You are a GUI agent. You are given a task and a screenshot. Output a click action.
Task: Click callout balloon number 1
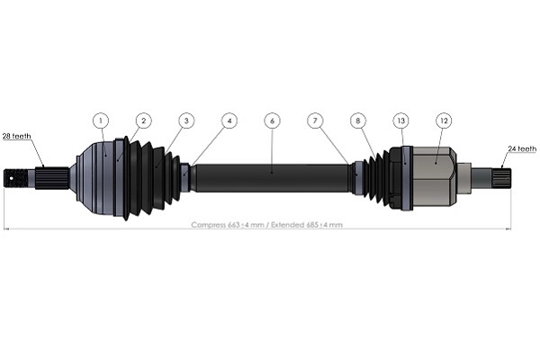coord(101,120)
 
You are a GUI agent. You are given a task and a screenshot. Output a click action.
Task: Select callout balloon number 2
coord(143,120)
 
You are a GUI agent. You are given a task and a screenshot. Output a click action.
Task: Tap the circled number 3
coord(185,120)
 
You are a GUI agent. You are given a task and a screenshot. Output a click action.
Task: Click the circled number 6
coord(272,120)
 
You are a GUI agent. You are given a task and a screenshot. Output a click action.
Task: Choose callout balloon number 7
coord(314,120)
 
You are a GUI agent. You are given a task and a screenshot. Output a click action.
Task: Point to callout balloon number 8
coord(357,120)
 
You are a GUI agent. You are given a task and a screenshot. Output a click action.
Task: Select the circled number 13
coord(400,120)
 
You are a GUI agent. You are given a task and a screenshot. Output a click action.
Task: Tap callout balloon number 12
coord(443,120)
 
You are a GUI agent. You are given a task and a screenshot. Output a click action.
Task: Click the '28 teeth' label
coord(16,136)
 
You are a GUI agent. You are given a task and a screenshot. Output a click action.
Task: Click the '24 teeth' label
coord(522,148)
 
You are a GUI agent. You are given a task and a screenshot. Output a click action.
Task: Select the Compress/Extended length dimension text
coord(266,224)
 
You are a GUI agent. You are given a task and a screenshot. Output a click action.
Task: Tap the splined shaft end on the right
coord(500,175)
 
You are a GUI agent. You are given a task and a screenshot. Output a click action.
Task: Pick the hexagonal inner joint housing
coord(434,175)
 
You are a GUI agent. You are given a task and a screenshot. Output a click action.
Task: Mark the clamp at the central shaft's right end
coord(356,176)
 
